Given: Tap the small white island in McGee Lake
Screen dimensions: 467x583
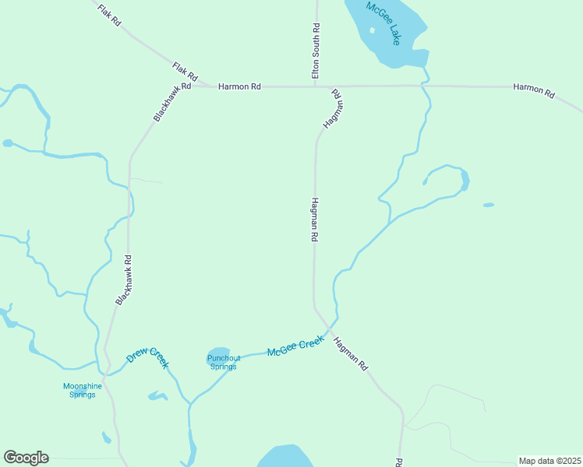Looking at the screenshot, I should (x=372, y=30).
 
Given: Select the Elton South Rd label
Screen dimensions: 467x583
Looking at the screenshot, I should (x=316, y=50).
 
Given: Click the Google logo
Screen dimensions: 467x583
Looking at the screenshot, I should (x=26, y=458).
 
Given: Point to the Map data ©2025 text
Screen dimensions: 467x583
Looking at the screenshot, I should (x=549, y=461).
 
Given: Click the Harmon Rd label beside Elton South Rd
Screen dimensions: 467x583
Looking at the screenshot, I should (x=239, y=86).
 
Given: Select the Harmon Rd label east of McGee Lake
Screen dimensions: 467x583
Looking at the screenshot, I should (x=534, y=90).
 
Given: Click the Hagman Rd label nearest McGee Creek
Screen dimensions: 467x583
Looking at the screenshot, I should (x=350, y=353).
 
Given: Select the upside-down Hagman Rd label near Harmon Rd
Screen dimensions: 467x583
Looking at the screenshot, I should (x=333, y=108).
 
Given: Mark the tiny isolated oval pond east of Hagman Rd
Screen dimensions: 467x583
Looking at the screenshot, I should (x=489, y=205).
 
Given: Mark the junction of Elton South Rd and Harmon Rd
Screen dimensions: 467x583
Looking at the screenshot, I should (x=316, y=86).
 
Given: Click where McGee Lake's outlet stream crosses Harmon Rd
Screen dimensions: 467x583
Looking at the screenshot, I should (x=426, y=85).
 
